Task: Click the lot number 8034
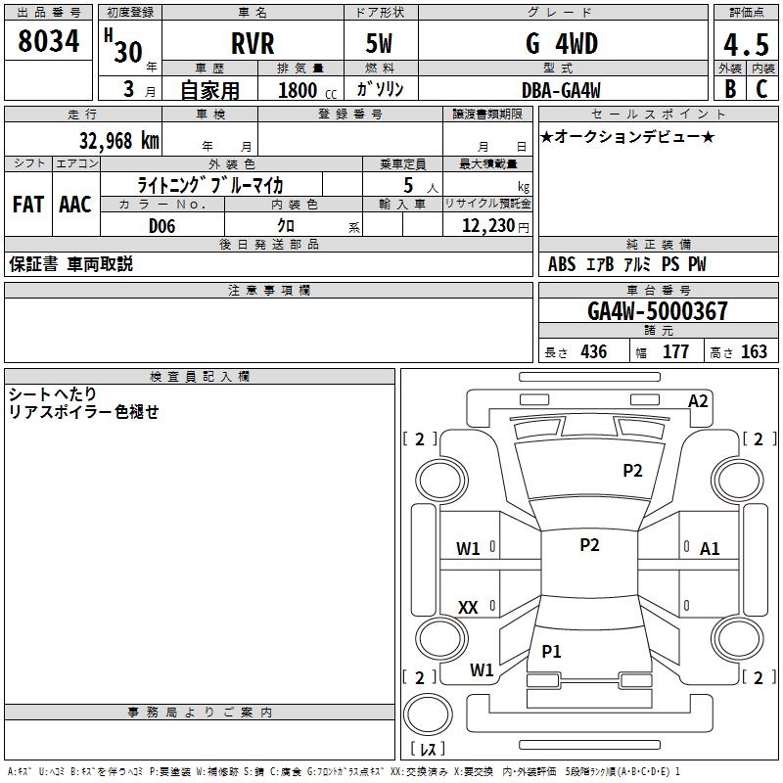48,43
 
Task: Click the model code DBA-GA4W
562,89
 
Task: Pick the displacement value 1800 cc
304,90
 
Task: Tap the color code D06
162,226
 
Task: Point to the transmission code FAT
27,205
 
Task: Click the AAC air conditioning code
74,205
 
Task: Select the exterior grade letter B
729,89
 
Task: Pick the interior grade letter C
761,89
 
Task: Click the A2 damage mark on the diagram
698,400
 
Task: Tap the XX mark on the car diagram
468,608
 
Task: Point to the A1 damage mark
710,549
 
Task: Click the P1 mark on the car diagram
552,651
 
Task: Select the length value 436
593,352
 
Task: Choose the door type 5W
381,44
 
